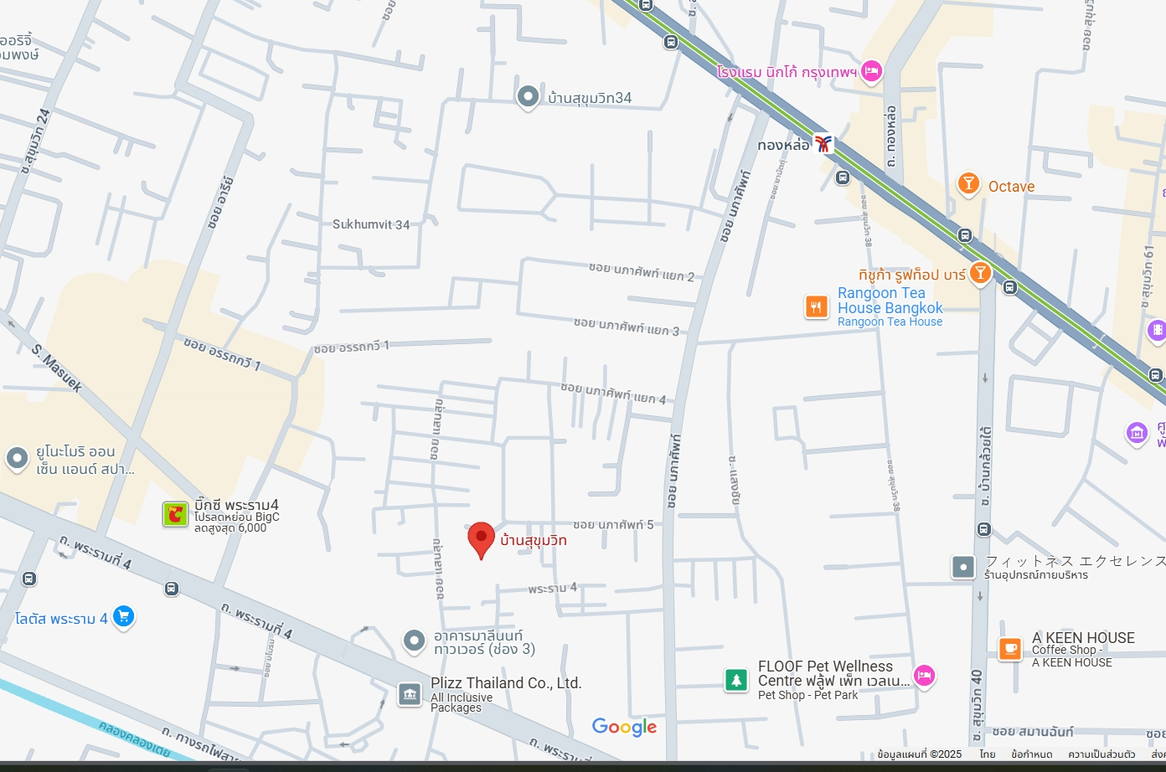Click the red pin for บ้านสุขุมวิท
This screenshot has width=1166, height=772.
point(481,538)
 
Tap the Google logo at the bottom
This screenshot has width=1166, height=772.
point(624,727)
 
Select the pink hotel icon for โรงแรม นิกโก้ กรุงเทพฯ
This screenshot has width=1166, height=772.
point(871,71)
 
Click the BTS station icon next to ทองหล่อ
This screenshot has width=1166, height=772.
point(823,144)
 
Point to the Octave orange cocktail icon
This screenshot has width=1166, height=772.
point(968,183)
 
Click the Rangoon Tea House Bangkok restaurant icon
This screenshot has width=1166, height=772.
point(817,307)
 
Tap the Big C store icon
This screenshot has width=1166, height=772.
point(175,514)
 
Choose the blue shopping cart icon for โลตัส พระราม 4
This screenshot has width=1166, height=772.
point(123,617)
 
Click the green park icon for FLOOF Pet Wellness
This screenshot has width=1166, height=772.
point(736,680)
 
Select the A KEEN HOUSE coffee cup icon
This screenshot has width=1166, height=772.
point(1010,648)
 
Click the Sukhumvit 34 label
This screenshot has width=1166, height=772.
point(371,224)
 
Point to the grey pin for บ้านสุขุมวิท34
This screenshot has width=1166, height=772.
point(528,97)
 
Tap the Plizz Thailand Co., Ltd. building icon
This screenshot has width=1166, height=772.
point(410,693)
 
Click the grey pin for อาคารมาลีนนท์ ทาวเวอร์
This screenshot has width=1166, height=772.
point(414,641)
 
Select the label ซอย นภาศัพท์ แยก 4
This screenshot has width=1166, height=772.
point(613,394)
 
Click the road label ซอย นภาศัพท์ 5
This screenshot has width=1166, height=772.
point(613,525)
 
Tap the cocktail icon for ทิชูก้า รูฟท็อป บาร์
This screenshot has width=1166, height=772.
point(980,272)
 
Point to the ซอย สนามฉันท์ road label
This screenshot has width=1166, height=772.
point(1032,732)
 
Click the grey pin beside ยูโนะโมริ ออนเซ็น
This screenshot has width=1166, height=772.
point(18,459)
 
